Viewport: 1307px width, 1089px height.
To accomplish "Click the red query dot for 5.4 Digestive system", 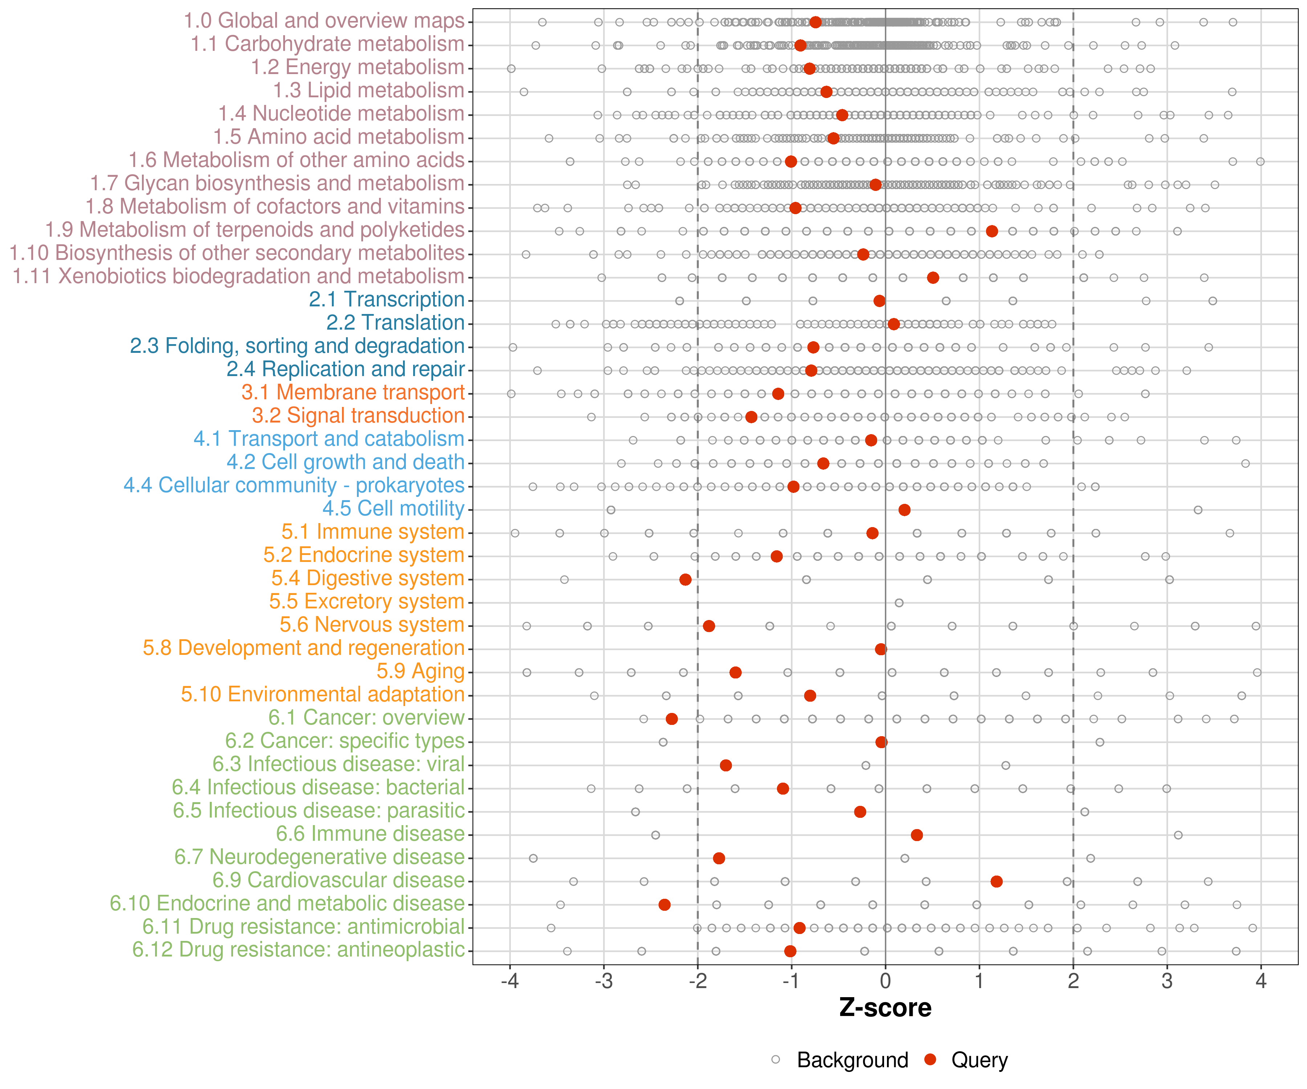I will [685, 579].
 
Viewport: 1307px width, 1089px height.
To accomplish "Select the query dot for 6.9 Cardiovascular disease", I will [997, 881].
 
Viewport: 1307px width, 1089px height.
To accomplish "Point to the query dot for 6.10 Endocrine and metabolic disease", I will [665, 904].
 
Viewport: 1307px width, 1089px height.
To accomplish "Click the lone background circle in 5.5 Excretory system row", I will [899, 602].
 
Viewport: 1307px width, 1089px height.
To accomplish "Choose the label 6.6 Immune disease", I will [370, 834].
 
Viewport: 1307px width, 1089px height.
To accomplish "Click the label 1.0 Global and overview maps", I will [323, 21].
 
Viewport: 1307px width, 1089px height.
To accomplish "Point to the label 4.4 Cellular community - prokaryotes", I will [294, 485].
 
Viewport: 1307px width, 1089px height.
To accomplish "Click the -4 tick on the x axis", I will [510, 982].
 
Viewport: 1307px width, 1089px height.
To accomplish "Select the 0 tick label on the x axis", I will [885, 982].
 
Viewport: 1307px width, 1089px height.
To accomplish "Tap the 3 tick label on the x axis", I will [1167, 982].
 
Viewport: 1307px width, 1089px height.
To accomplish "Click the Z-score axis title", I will [885, 1007].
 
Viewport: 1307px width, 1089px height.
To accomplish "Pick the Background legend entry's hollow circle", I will [775, 1060].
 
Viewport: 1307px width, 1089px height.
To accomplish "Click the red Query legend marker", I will [931, 1060].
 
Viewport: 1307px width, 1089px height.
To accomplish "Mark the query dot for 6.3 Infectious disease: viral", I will [726, 765].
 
